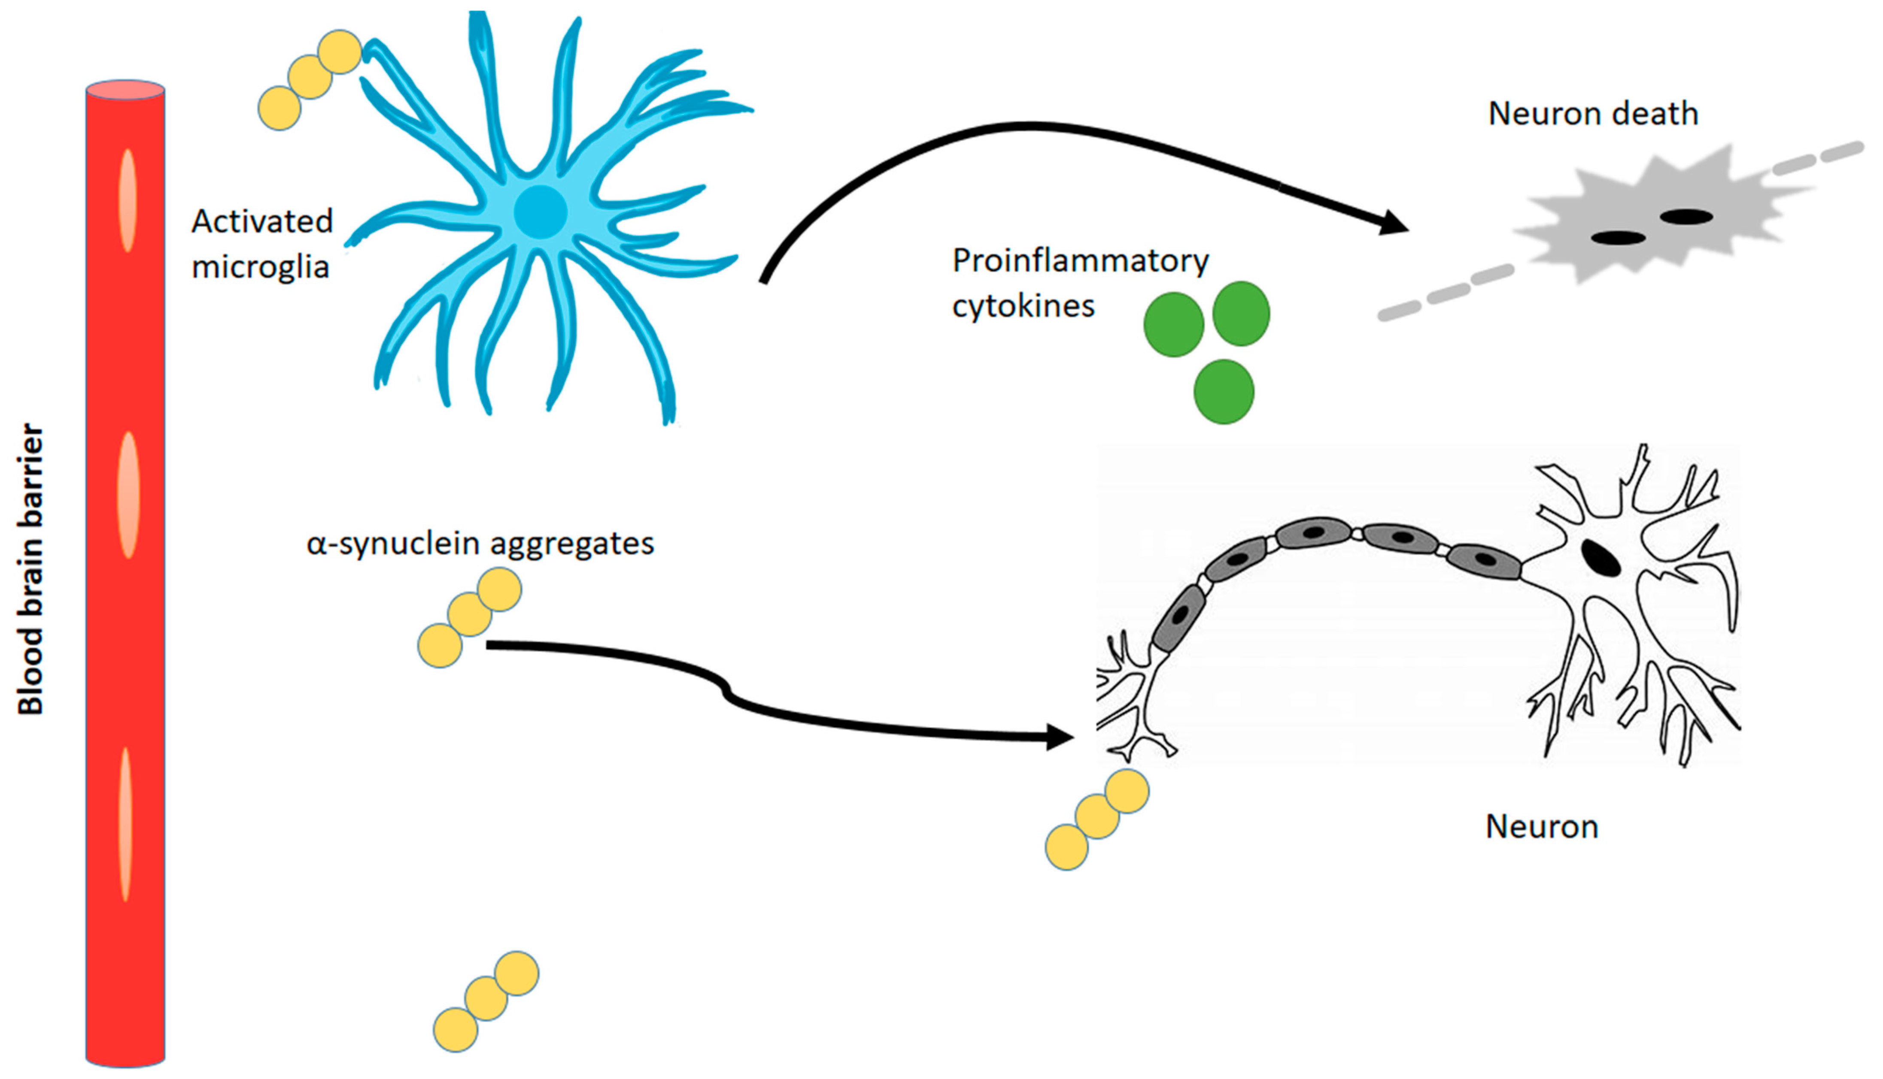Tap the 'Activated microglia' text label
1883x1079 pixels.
[262, 243]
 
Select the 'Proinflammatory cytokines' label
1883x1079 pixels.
[1079, 283]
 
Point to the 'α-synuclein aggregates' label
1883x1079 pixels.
[480, 543]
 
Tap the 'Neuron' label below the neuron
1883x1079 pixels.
[1541, 826]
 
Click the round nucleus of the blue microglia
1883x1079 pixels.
[541, 212]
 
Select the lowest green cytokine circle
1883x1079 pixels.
[1223, 391]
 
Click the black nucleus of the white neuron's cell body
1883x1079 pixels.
[1601, 557]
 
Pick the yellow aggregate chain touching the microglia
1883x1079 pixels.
[309, 79]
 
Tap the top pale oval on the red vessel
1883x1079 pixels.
[128, 200]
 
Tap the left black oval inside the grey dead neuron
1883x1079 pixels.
[1619, 238]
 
